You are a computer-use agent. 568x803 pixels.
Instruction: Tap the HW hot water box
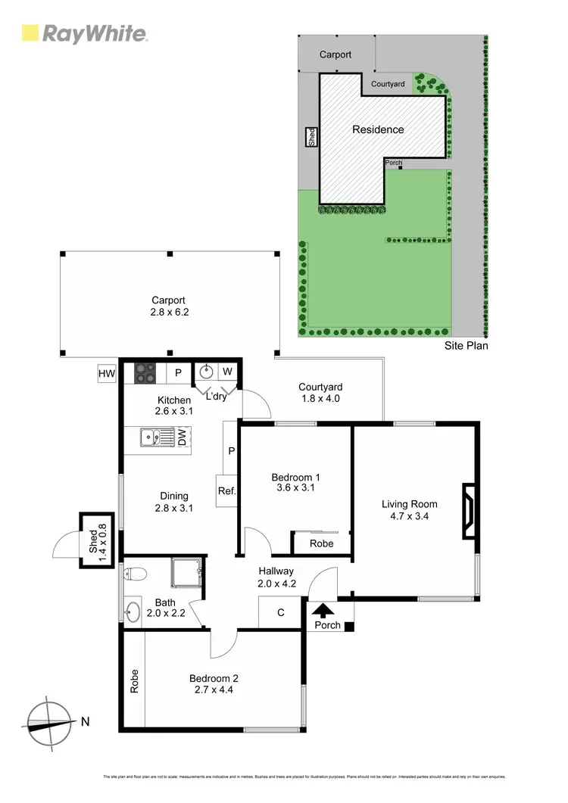pos(106,373)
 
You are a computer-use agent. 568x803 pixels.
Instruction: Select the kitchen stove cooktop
pos(145,372)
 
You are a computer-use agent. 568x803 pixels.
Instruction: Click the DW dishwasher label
pos(182,437)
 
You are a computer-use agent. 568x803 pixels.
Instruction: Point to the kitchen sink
pos(155,437)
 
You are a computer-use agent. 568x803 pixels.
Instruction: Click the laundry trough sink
pos(206,372)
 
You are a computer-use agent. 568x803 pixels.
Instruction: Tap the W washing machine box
pos(228,372)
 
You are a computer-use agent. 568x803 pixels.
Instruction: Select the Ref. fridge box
pos(226,491)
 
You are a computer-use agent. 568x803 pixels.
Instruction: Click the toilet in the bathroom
pos(133,574)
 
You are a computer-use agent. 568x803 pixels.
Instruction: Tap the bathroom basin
pos(133,611)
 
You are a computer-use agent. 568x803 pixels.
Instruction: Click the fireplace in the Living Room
pos(470,512)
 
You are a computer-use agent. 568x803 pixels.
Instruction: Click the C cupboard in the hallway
pos(280,612)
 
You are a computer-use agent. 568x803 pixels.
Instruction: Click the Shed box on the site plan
pos(311,137)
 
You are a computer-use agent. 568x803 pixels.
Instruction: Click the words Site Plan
pos(466,346)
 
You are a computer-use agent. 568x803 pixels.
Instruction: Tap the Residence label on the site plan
pos(378,129)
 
